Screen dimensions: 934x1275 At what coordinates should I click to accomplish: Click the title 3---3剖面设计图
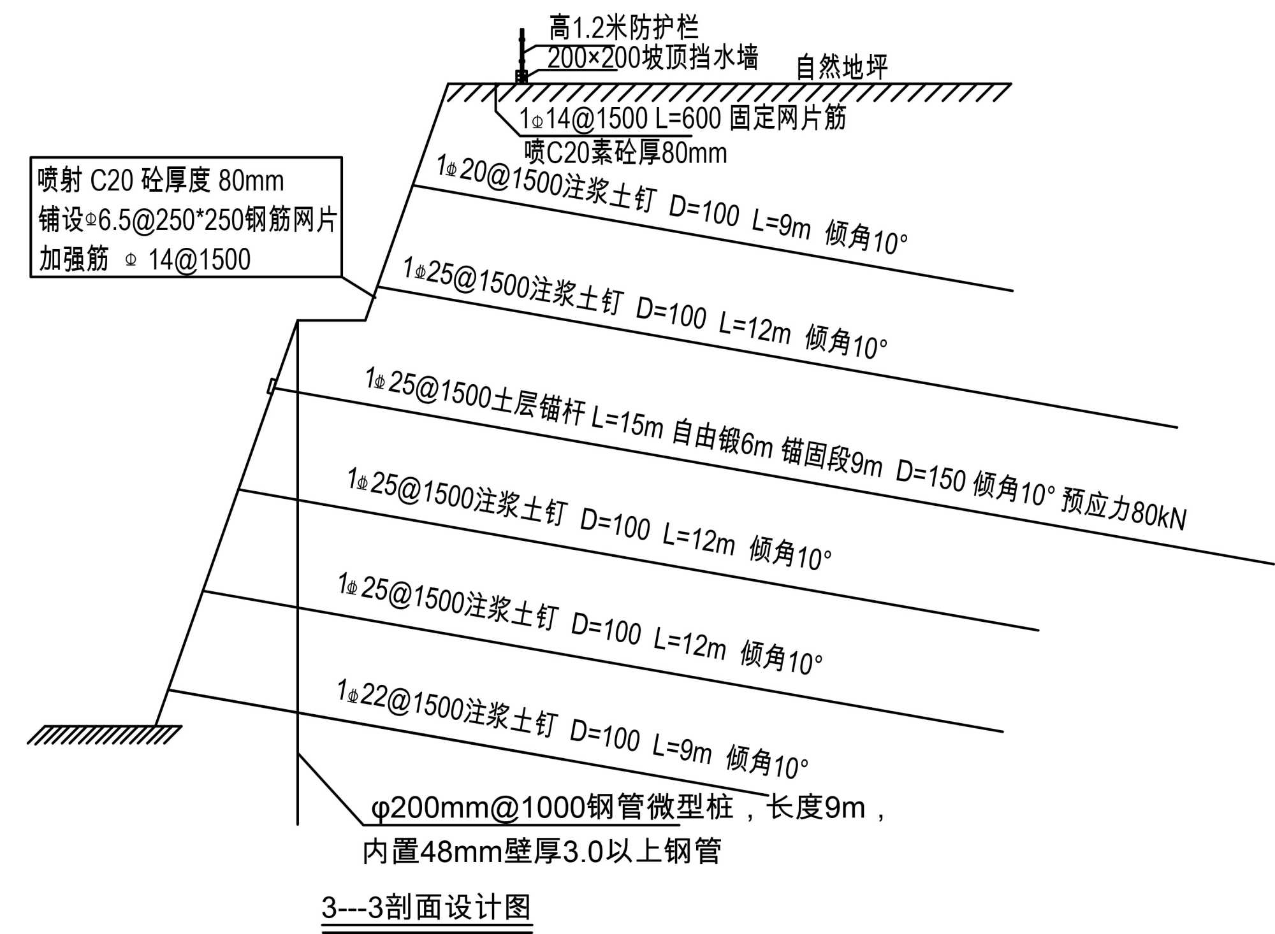point(426,907)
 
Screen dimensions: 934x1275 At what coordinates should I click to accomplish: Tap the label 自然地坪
point(841,67)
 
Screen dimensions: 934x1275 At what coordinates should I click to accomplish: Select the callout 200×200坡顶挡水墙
point(652,58)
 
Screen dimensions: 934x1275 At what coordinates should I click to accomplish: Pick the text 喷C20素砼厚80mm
point(625,153)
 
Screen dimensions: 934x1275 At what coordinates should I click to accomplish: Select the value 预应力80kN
point(1123,511)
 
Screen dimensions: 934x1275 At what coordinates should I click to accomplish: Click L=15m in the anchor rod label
point(627,422)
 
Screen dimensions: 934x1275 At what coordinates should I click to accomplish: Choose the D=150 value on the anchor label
point(930,475)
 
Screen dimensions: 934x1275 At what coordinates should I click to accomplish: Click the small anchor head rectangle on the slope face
point(271,386)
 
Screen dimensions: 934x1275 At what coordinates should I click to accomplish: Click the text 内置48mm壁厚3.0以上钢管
point(541,851)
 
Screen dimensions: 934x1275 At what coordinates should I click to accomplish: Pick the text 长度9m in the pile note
point(815,808)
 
